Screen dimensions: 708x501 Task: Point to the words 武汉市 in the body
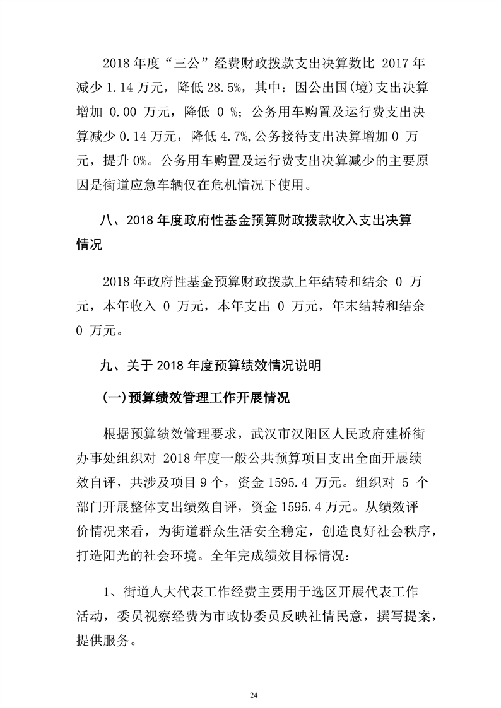(x=274, y=434)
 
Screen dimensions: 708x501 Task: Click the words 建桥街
(x=403, y=434)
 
